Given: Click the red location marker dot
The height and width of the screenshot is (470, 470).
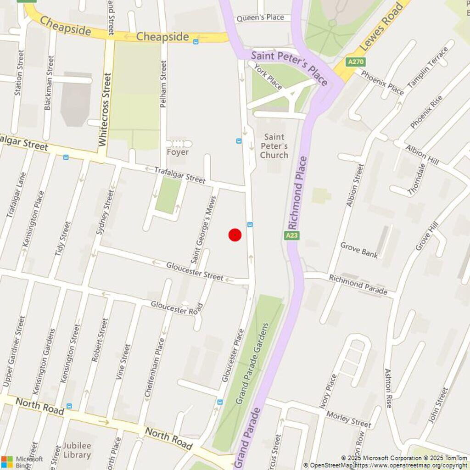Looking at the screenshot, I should click(235, 235).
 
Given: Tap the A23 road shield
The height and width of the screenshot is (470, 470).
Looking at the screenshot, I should click(291, 235).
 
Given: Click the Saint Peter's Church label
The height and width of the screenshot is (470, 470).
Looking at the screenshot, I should click(274, 146).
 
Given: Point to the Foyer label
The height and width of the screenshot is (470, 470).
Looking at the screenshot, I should click(178, 152).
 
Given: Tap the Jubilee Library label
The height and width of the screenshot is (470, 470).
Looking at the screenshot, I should click(77, 450).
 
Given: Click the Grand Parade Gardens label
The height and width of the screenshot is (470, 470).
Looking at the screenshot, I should click(252, 364).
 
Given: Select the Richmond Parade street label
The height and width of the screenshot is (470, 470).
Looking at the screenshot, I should click(358, 285).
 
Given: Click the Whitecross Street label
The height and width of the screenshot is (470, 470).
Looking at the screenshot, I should click(105, 109).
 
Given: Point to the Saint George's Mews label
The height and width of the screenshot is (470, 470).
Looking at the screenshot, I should click(203, 229).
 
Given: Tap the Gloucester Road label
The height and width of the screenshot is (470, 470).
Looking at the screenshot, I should click(177, 308).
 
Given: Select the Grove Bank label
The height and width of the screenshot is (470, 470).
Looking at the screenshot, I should click(359, 250).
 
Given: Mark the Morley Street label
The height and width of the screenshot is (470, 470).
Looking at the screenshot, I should click(348, 419).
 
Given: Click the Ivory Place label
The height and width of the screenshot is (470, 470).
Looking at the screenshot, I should click(328, 391).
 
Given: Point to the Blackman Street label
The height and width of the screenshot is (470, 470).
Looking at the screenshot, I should click(49, 83).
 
